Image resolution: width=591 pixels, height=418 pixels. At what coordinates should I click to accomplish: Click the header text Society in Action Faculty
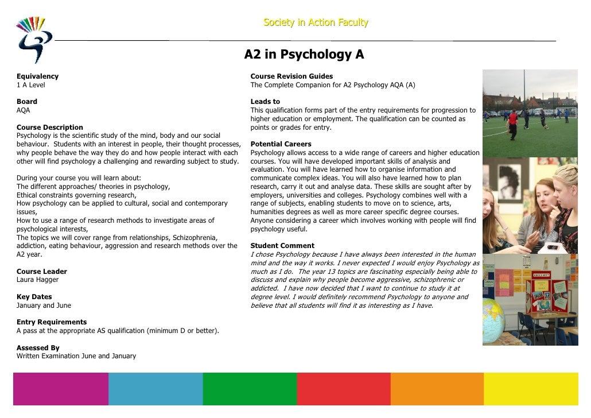pos(316,23)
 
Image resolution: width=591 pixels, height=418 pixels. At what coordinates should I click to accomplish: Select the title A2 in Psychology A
pos(304,55)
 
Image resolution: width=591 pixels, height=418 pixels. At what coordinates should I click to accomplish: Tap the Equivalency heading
pos(37,76)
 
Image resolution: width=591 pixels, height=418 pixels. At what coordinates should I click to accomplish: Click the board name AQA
pos(24,110)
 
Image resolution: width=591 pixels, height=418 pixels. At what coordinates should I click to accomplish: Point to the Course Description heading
pos(50,127)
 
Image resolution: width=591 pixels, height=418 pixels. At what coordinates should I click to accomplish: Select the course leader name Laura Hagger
pos(37,280)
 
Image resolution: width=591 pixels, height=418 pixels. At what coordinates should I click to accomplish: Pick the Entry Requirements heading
pos(52,322)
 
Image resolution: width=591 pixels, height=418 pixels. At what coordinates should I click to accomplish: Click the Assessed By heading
pos(38,348)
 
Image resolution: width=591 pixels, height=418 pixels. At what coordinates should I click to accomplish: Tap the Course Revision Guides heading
pos(291,76)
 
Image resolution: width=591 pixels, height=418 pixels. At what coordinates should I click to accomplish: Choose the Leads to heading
pos(265,102)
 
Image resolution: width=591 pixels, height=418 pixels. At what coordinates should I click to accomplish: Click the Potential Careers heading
pos(281,144)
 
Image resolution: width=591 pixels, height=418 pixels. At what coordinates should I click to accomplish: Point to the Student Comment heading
pos(282,246)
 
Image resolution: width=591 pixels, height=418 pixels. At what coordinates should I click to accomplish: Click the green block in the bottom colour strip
pos(250,389)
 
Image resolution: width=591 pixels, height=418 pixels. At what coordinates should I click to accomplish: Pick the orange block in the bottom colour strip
pos(437,389)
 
